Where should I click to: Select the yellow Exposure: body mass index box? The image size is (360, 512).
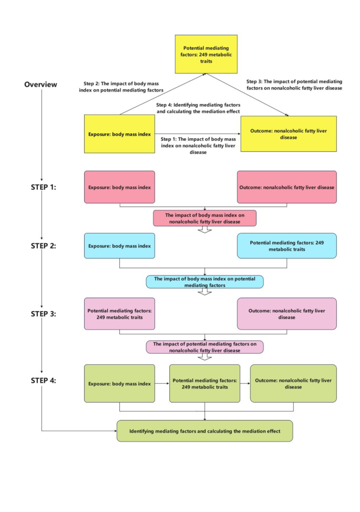[120, 134]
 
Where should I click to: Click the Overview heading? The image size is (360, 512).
[40, 85]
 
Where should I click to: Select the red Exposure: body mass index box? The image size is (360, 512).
[120, 187]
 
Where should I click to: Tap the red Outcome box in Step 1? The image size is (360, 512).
[286, 187]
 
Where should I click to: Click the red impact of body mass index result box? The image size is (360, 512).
[204, 218]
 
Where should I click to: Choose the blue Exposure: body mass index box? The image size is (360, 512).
[120, 245]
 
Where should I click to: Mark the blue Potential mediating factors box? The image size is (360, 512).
[286, 245]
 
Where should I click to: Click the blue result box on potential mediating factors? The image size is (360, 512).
[204, 282]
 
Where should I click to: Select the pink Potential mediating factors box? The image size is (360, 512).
[120, 314]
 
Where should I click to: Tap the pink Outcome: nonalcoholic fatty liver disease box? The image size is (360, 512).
[286, 314]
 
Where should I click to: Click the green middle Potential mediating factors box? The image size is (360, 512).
[204, 383]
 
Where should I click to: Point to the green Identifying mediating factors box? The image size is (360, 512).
[204, 431]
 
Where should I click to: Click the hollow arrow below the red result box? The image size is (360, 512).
[204, 229]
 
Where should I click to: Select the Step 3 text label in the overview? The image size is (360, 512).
[294, 85]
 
